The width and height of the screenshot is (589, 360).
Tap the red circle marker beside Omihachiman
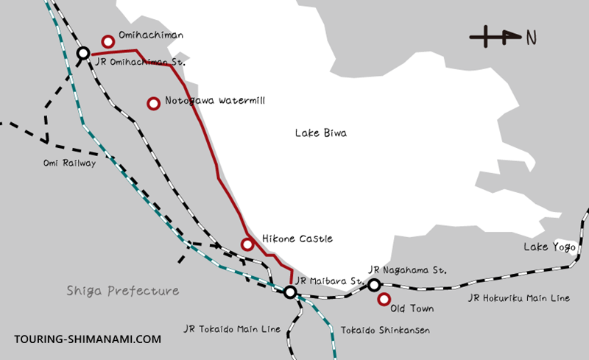pos(109,41)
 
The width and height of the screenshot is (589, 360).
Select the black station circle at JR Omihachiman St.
pos(83,54)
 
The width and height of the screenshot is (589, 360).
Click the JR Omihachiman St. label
pos(140,61)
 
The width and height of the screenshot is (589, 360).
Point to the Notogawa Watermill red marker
pos(153,104)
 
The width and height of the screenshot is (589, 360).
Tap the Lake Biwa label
pos(320,133)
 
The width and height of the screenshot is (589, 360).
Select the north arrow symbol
pos(495,35)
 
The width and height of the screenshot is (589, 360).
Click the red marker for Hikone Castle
pos(247,244)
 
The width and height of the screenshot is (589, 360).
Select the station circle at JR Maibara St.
pos(290,292)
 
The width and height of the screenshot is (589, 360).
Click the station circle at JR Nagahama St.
pos(374,285)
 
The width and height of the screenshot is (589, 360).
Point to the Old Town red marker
pos(383,300)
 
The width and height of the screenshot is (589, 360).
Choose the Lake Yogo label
pos(549,246)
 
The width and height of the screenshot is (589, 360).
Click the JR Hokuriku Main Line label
pos(518,298)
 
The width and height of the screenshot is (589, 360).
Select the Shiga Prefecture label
pos(122,291)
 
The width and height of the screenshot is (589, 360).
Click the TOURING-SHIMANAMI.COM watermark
pos(88,339)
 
